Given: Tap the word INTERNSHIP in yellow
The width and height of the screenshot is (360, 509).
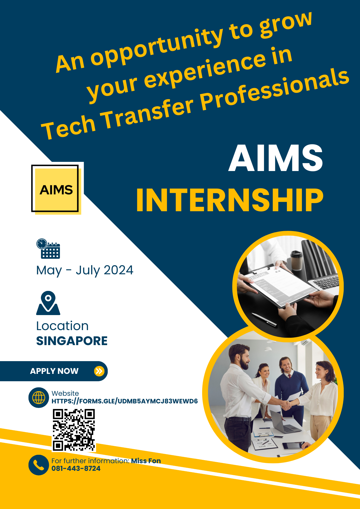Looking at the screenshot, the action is tap(230, 200).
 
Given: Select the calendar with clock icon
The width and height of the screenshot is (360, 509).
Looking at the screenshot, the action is tap(48, 249).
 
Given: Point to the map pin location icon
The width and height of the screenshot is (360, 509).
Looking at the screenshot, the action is tap(48, 303).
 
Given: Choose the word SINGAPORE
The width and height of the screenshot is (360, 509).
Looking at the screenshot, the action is tap(72, 341).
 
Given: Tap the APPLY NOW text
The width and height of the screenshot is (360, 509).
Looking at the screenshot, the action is tap(54, 371).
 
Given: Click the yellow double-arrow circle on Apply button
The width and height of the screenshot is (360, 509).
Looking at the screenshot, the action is tap(99, 371).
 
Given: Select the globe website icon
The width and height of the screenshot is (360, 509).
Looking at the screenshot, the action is tap(39, 398).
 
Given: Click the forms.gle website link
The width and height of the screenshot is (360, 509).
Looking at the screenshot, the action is tap(125, 401).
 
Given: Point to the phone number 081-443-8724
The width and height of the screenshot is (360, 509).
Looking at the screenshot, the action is tap(76, 469).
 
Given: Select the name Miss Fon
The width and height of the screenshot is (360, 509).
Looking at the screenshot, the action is tap(146, 461).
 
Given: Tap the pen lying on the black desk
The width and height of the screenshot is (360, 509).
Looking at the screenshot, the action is tap(264, 319).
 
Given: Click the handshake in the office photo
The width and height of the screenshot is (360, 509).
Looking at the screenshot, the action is tap(287, 405).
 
